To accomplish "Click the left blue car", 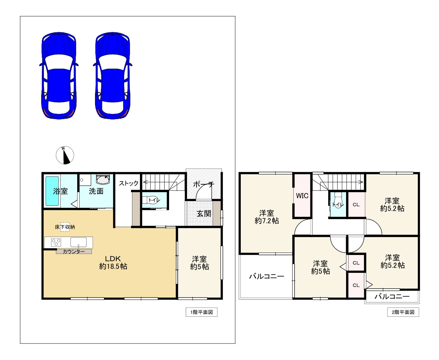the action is coord(59,76).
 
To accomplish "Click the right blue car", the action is coord(112,76).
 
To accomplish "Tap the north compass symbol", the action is coord(65,155).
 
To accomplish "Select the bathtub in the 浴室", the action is coord(52,191).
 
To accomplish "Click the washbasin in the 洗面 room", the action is coord(103,179).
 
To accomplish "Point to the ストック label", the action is coord(128,183).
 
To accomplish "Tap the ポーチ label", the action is coord(203,184).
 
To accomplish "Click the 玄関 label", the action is coord(204,213).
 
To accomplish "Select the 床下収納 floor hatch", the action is coord(65,227).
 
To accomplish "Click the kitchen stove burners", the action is coord(56,242).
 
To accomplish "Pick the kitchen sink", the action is coord(78,242).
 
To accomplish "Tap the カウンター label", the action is coord(74,252).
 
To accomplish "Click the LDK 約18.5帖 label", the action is coord(113,263).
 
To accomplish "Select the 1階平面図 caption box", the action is coord(202,312).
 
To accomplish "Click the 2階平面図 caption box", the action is coord(403,312).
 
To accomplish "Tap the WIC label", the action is coord(302,196).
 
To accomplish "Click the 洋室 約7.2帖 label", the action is coord(266,217).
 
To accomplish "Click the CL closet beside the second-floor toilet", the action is coord(356,205).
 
